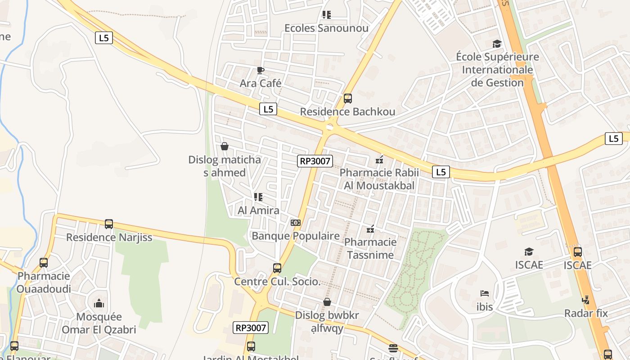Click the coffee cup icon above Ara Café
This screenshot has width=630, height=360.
pyautogui.click(x=260, y=70)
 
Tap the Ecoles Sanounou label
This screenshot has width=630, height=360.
pyautogui.click(x=326, y=28)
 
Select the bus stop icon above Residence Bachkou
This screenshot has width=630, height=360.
pyautogui.click(x=347, y=98)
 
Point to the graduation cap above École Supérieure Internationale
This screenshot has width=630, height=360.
pyautogui.click(x=497, y=44)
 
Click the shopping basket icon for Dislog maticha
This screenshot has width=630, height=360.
pyautogui.click(x=225, y=146)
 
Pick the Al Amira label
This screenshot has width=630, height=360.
pyautogui.click(x=258, y=210)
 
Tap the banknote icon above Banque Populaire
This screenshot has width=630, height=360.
pyautogui.click(x=295, y=223)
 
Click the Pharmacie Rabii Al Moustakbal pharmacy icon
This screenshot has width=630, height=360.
pyautogui.click(x=379, y=159)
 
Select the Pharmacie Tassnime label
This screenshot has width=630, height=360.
pyautogui.click(x=370, y=248)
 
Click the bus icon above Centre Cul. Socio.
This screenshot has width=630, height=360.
pyautogui.click(x=277, y=268)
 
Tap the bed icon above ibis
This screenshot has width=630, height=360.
pyautogui.click(x=484, y=293)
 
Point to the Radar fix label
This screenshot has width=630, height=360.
pyautogui.click(x=586, y=313)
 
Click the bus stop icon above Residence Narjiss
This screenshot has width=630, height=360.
pyautogui.click(x=109, y=224)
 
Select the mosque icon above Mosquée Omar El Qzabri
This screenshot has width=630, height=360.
pyautogui.click(x=99, y=303)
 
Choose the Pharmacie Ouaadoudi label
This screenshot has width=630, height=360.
pyautogui.click(x=44, y=282)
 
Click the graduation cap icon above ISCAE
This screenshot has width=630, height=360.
pyautogui.click(x=529, y=252)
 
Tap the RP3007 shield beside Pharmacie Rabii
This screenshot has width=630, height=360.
pyautogui.click(x=315, y=161)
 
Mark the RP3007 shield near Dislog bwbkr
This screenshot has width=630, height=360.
pyautogui.click(x=251, y=328)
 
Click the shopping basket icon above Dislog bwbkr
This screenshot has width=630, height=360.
pyautogui.click(x=327, y=302)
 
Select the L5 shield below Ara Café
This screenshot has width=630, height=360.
pyautogui.click(x=268, y=109)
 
